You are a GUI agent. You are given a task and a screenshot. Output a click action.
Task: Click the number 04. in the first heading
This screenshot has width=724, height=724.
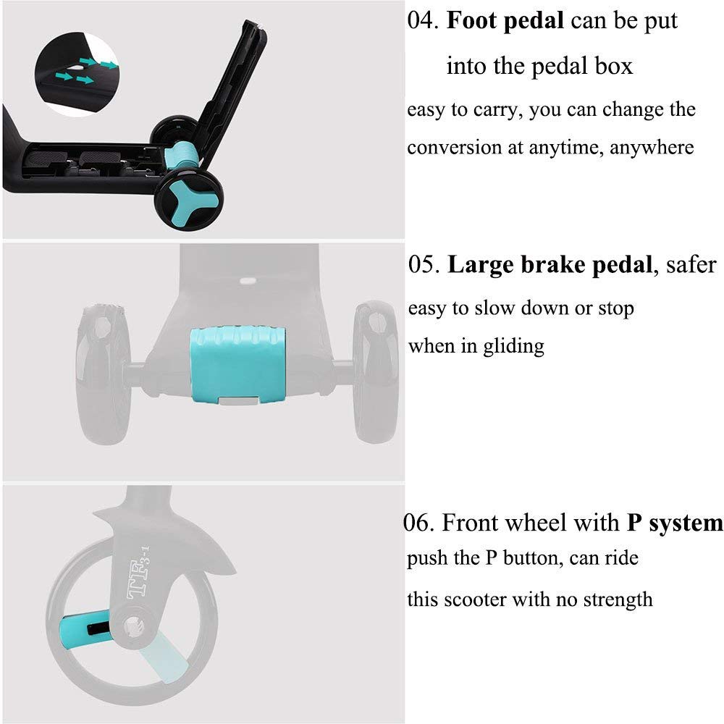click(423, 21)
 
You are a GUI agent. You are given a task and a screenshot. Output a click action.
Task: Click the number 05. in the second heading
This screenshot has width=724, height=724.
click(424, 265)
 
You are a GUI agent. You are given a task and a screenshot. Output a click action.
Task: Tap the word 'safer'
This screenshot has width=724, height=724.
click(691, 265)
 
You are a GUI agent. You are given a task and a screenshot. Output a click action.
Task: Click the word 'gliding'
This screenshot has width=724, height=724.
click(513, 347)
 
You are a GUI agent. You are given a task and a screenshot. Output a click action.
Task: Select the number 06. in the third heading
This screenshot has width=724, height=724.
click(418, 523)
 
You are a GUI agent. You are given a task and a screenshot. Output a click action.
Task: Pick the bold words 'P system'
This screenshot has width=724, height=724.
click(675, 523)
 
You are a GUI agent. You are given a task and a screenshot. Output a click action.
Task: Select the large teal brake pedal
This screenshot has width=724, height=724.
click(237, 365)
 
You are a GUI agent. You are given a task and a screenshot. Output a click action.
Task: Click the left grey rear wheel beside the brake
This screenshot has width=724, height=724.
click(104, 374)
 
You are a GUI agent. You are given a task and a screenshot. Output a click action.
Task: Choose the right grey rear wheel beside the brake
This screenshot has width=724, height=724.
click(375, 371)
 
